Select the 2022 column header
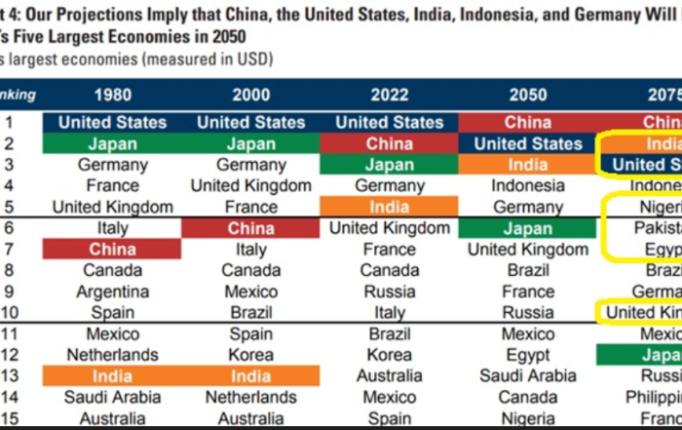[x=390, y=95]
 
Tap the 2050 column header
[x=528, y=95]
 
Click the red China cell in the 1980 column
[x=112, y=250]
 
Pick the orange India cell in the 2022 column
[x=390, y=207]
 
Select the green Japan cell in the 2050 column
[x=528, y=228]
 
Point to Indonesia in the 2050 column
[x=528, y=185]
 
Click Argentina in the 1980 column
[x=112, y=292]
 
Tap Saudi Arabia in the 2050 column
[x=528, y=376]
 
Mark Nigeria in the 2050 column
[x=528, y=418]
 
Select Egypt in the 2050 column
[x=528, y=355]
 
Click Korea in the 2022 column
[x=390, y=355]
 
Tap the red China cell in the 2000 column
[x=250, y=228]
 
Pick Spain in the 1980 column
[x=112, y=313]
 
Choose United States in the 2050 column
[x=528, y=143]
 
